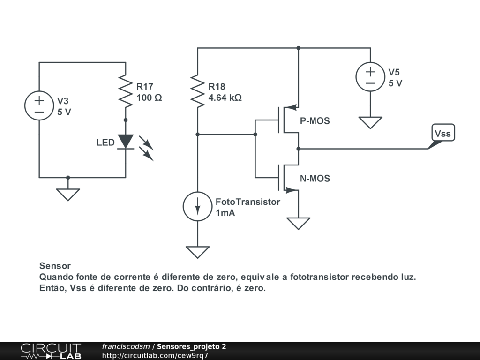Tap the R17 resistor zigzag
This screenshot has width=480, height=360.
click(126, 91)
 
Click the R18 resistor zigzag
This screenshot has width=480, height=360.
click(197, 91)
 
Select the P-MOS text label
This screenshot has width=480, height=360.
click(315, 121)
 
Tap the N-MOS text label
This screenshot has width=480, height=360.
click(315, 179)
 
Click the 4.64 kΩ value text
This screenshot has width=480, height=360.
click(225, 97)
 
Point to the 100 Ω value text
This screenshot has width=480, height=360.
click(149, 97)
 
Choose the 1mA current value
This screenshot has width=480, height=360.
click(225, 213)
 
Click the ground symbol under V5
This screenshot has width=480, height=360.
click(370, 122)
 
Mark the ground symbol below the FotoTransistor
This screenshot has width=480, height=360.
click(197, 252)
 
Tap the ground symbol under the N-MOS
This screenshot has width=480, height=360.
click(299, 224)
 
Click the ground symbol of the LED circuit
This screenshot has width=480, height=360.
click(68, 195)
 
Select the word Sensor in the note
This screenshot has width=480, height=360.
click(55, 266)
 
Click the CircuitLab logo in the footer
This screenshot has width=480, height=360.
click(51, 351)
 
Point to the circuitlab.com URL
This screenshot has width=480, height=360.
click(155, 355)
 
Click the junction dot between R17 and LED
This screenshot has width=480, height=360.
click(126, 120)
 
